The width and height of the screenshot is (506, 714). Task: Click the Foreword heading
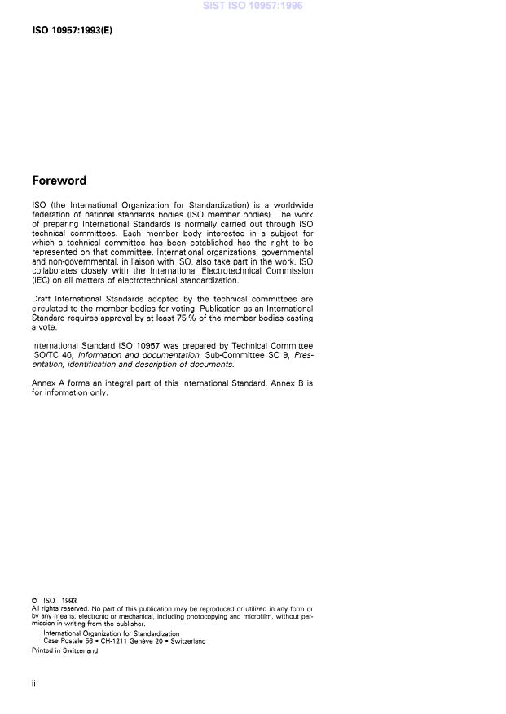click(59, 181)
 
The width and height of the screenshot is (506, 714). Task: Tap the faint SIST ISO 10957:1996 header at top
click(253, 6)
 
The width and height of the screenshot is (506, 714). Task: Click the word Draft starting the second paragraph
click(42, 300)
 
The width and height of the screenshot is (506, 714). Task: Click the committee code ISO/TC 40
click(53, 355)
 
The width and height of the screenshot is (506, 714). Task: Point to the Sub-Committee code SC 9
click(254, 355)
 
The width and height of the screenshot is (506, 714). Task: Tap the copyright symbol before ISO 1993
click(34, 601)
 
